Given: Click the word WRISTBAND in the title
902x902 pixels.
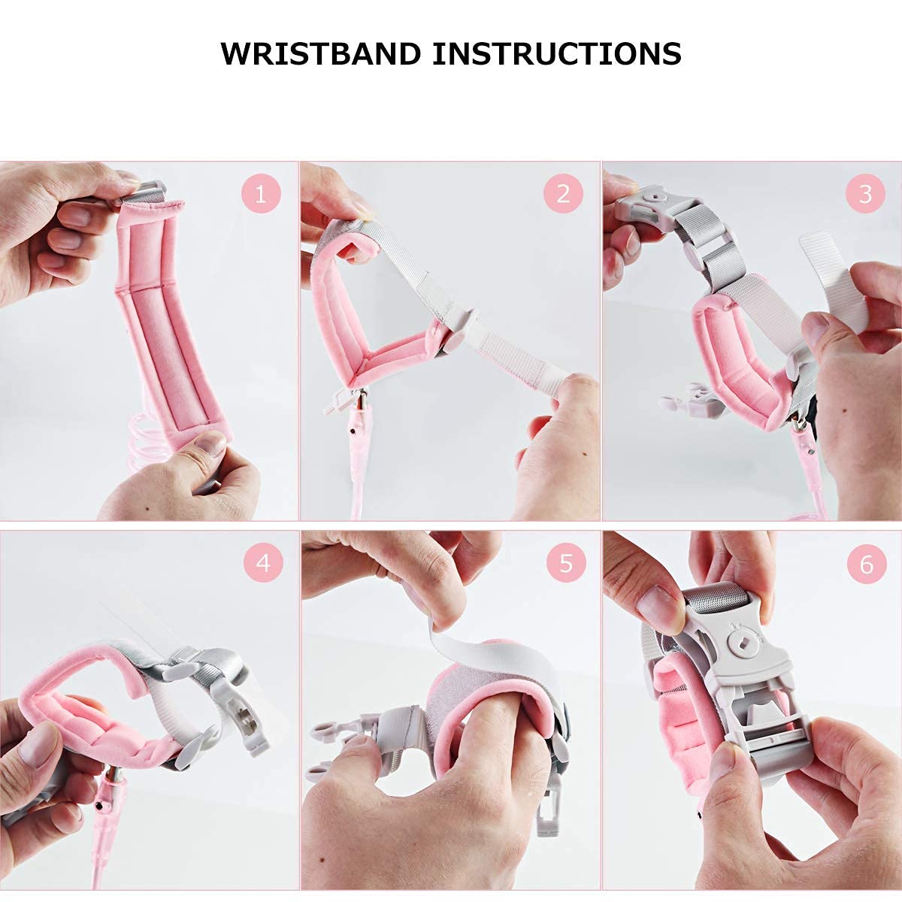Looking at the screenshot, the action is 320,54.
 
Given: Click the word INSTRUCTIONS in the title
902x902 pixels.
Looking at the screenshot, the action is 556,54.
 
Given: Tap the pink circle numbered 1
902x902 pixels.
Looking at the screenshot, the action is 261,193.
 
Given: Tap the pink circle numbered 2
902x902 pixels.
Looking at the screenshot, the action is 563,193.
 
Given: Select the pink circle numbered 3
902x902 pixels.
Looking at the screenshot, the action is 865,193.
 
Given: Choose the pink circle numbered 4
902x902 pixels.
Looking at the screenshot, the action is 263,562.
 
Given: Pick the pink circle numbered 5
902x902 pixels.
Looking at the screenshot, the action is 566,562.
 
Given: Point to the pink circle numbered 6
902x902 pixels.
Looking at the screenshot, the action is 867,562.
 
